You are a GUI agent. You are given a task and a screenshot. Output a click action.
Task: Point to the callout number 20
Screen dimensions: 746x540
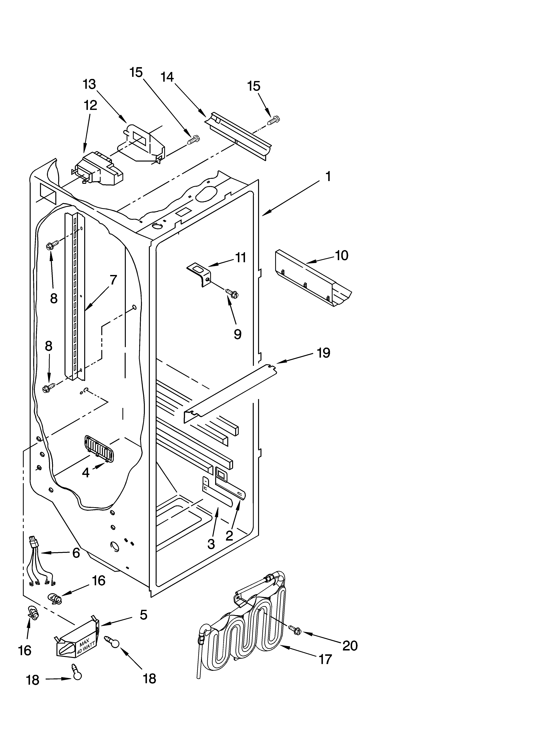click(350, 646)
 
